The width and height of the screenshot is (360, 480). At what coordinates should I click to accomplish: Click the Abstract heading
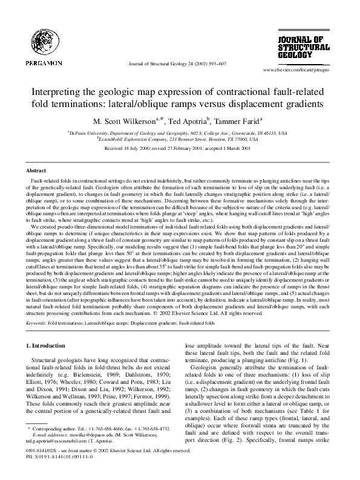[x=37, y=171]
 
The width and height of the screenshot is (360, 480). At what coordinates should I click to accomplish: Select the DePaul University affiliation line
[x=180, y=131]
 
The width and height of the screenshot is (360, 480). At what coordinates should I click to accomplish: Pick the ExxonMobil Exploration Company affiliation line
[x=180, y=138]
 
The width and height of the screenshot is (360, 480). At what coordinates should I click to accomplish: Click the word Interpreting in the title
[x=56, y=93]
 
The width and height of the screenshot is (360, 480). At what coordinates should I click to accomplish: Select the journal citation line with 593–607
[x=180, y=63]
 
